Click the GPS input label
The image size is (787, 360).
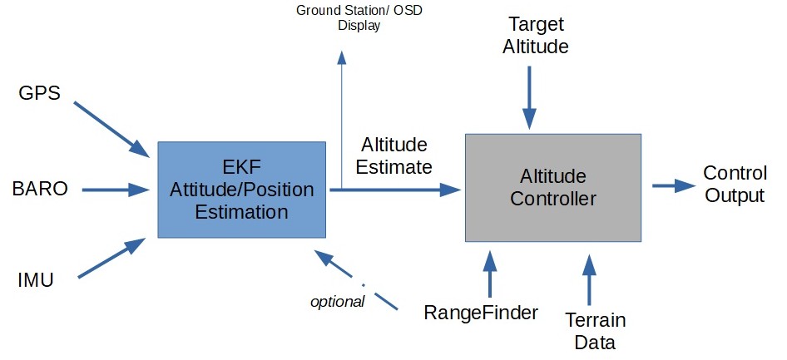(40, 92)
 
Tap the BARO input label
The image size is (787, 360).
(41, 189)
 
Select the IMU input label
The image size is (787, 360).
(36, 281)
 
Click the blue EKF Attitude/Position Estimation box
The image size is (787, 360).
(241, 190)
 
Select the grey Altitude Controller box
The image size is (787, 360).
(553, 187)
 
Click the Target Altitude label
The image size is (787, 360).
(536, 36)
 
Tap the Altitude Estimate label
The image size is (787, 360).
(393, 155)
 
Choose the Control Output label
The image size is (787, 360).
(734, 185)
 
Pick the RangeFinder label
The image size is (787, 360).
(481, 313)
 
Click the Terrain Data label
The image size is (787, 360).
(595, 331)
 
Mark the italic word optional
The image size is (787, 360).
(337, 301)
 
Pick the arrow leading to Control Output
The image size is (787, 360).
(673, 186)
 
